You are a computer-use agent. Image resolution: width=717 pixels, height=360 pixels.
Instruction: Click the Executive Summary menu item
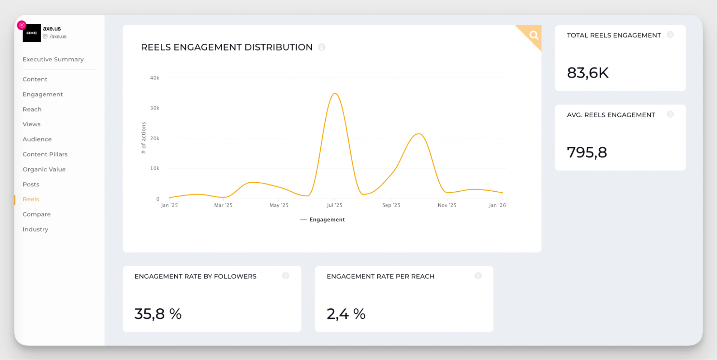click(53, 59)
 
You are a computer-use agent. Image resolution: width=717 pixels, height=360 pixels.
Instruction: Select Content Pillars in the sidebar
click(45, 154)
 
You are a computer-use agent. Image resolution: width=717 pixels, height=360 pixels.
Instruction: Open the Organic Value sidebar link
click(44, 169)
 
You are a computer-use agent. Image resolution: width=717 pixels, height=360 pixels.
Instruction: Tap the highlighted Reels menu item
click(31, 199)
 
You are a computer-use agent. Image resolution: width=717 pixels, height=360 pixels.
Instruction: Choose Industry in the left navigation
click(35, 229)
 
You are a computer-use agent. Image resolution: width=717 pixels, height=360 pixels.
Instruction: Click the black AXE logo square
click(32, 33)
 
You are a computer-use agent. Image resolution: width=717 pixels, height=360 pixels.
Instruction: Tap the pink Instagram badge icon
click(22, 25)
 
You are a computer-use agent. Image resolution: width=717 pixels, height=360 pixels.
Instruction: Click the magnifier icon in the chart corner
click(534, 35)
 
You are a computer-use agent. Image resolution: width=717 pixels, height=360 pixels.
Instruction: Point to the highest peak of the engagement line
click(335, 94)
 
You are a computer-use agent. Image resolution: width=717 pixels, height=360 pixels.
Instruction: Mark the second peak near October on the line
click(419, 134)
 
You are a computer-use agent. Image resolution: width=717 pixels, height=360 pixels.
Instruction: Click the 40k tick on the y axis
click(155, 78)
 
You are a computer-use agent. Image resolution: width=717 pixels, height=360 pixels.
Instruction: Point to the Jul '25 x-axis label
click(334, 205)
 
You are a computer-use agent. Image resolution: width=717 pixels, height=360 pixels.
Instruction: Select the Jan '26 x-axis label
click(497, 205)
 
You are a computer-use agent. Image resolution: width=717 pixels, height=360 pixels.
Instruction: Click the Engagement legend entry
click(323, 220)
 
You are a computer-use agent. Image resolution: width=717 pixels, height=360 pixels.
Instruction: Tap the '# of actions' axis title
click(144, 138)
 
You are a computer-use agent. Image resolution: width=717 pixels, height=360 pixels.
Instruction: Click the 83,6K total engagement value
click(588, 73)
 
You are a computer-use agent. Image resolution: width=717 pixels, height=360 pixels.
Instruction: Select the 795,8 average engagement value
click(587, 153)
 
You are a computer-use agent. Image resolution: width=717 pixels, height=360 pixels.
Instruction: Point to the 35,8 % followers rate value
click(158, 314)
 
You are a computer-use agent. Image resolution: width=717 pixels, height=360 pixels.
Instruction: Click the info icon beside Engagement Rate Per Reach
click(478, 276)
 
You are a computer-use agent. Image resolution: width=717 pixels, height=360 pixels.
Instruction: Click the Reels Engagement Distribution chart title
click(227, 47)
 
